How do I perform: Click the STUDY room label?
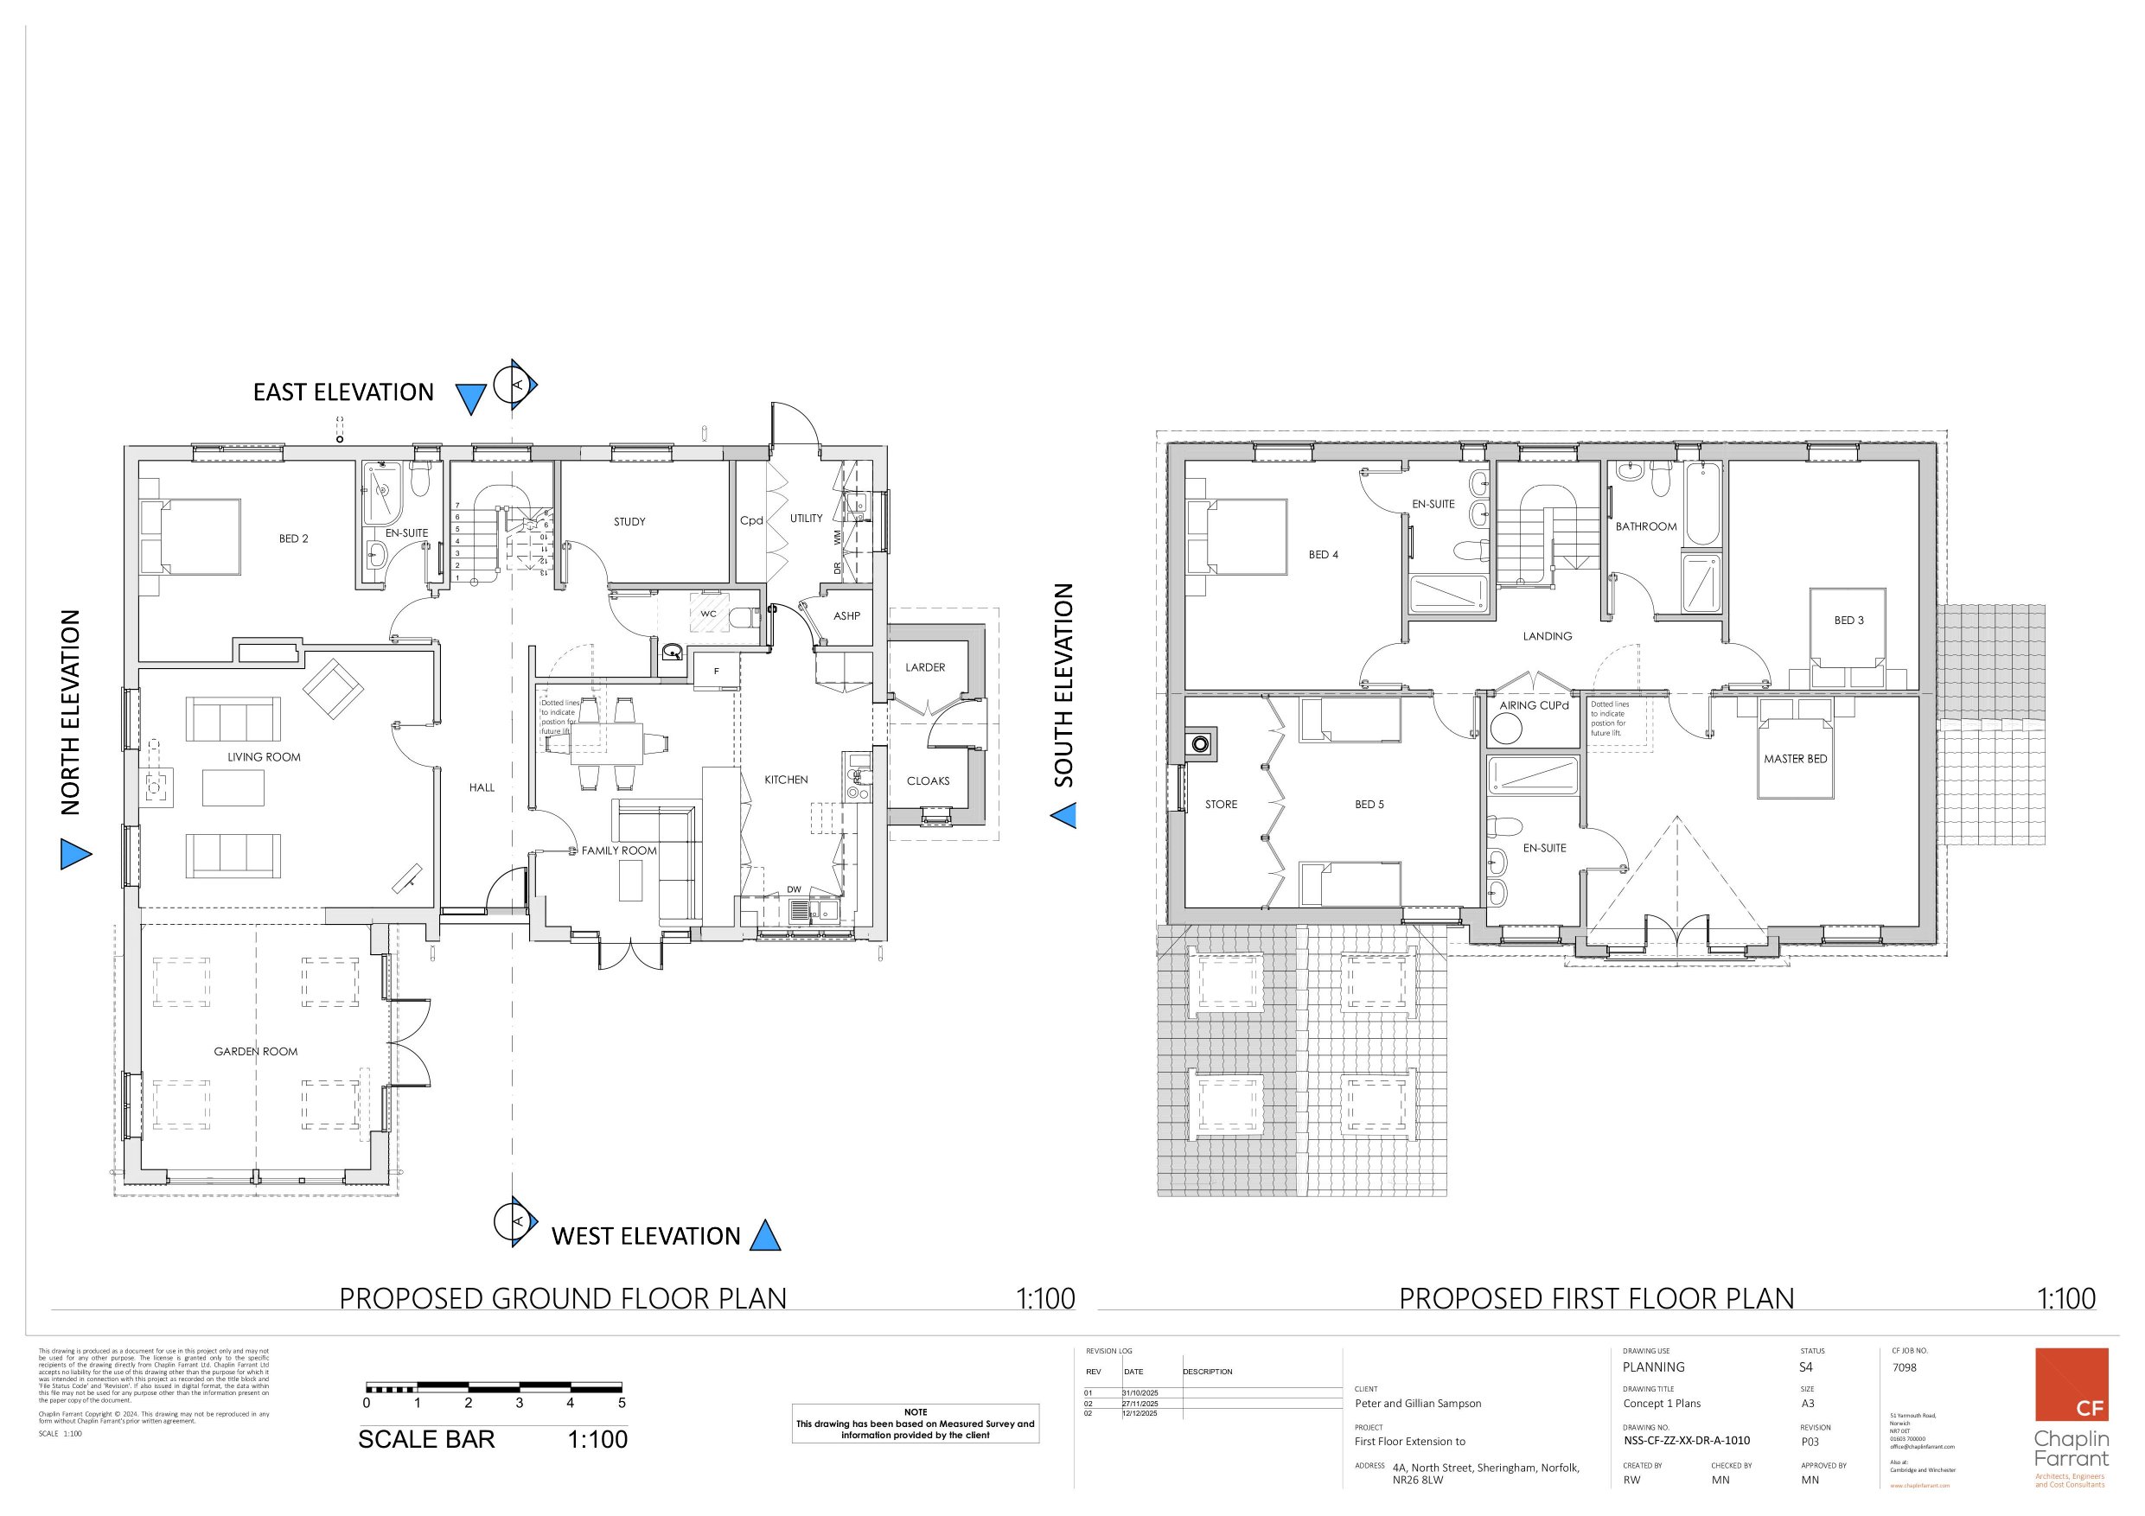pyautogui.click(x=629, y=521)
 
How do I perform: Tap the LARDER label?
pyautogui.click(x=925, y=667)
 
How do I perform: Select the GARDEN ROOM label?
pyautogui.click(x=255, y=1051)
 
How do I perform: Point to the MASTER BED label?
pyautogui.click(x=1795, y=759)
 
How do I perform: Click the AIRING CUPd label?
pyautogui.click(x=1533, y=705)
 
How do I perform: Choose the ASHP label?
pyautogui.click(x=846, y=615)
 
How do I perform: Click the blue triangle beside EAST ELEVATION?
pyautogui.click(x=471, y=398)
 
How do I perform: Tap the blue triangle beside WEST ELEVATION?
pyautogui.click(x=765, y=1237)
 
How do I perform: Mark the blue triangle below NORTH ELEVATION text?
pyautogui.click(x=74, y=854)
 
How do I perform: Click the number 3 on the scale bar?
pyautogui.click(x=519, y=1402)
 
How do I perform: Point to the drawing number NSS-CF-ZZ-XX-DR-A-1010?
pyautogui.click(x=1686, y=1440)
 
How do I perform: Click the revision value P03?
pyautogui.click(x=1810, y=1442)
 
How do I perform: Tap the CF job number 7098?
pyautogui.click(x=1904, y=1366)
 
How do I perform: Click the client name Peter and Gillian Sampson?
pyautogui.click(x=1417, y=1403)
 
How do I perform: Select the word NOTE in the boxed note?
pyautogui.click(x=915, y=1412)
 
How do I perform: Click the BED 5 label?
pyautogui.click(x=1369, y=804)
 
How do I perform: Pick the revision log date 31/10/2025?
pyautogui.click(x=1140, y=1392)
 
